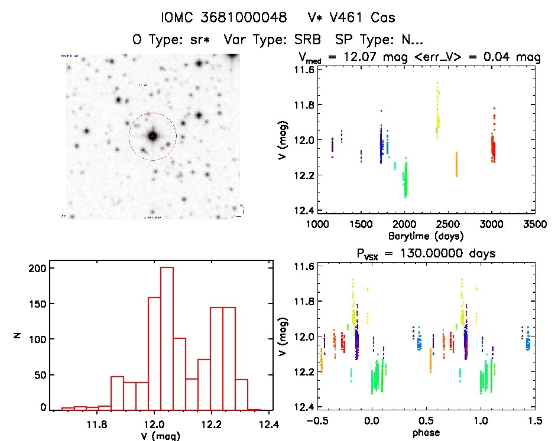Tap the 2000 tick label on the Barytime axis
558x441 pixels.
(405, 224)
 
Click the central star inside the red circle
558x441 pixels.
(153, 136)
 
